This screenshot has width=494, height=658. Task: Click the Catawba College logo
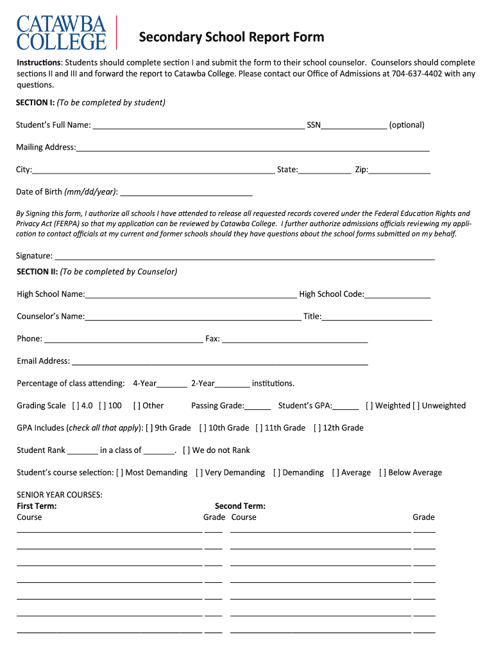pyautogui.click(x=61, y=33)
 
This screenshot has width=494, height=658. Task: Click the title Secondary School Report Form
pyautogui.click(x=232, y=37)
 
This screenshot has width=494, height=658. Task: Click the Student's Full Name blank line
pyautogui.click(x=198, y=126)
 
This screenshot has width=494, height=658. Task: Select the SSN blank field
pyautogui.click(x=353, y=126)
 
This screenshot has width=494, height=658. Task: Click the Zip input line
pyautogui.click(x=399, y=170)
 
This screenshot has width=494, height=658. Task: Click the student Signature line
pyautogui.click(x=244, y=256)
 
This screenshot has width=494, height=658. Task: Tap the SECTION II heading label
pyautogui.click(x=37, y=272)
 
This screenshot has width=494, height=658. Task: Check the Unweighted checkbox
pyautogui.click(x=416, y=406)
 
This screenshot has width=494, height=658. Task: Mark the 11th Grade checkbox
pyautogui.click(x=259, y=428)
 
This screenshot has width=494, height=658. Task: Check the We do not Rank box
pyautogui.click(x=187, y=450)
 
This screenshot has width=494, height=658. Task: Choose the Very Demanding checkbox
pyautogui.click(x=200, y=473)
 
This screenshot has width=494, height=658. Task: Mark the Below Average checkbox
pyautogui.click(x=382, y=473)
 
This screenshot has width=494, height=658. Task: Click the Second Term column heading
pyautogui.click(x=240, y=506)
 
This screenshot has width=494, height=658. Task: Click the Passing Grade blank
pyautogui.click(x=258, y=406)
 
